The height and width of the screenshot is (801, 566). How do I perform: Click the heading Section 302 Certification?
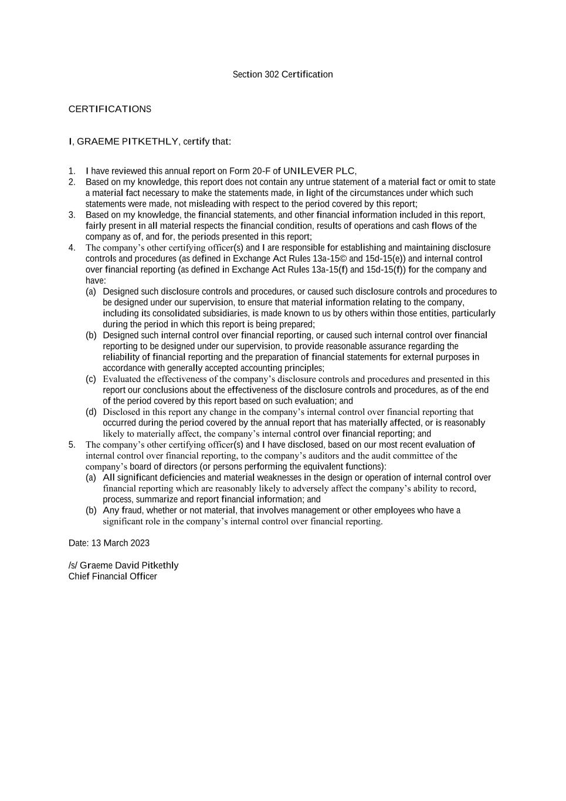point(283,75)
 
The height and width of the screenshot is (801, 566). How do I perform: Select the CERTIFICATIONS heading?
point(110,109)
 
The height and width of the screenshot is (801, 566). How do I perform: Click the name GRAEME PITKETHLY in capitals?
point(127,141)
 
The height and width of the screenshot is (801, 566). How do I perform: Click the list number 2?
point(72,182)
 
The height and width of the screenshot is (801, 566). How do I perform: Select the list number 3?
point(72,215)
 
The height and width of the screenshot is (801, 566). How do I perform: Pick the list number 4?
point(72,248)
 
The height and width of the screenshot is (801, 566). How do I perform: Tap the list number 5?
point(72,445)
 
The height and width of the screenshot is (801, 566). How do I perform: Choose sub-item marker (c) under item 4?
point(91,379)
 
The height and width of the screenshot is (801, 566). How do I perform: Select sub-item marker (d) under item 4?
point(91,412)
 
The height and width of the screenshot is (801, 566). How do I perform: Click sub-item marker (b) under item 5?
point(91,511)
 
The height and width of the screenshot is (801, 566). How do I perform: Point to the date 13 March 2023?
point(120,543)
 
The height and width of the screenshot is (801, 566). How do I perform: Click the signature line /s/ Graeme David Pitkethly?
point(123,565)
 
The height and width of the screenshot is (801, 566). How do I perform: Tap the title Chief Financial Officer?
point(113,576)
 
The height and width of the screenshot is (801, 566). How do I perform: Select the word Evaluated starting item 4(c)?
point(122,379)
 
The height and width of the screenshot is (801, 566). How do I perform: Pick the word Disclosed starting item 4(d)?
point(121,412)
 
